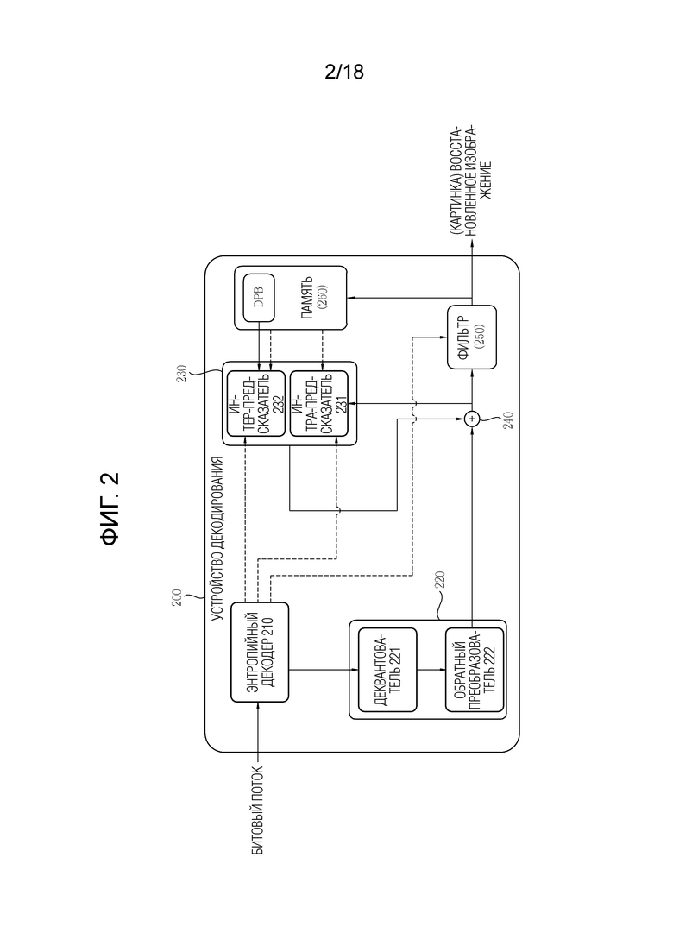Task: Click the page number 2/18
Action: [344, 72]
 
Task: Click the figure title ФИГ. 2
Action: [110, 508]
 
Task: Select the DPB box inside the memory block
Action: [259, 298]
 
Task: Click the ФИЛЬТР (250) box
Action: [471, 337]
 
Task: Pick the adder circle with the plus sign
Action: [471, 419]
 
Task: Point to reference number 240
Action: [508, 420]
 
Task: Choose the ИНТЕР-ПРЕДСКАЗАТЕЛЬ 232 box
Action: [255, 404]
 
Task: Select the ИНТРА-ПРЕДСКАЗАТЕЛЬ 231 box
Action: [319, 404]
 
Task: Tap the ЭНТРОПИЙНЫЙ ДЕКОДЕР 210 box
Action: [260, 652]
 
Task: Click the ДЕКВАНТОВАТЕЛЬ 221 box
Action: [387, 670]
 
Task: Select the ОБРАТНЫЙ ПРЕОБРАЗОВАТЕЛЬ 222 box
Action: [475, 670]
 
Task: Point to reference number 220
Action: [441, 580]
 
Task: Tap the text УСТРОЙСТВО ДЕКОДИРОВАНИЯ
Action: [217, 539]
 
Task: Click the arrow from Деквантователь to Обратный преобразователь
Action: [431, 670]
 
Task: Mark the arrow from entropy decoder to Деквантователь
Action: [324, 670]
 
